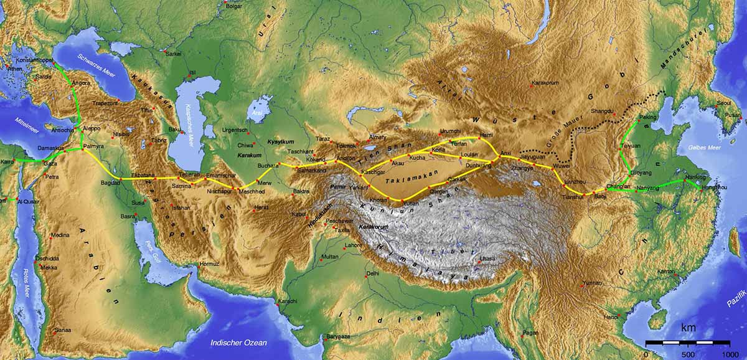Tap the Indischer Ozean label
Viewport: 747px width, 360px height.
[239, 343]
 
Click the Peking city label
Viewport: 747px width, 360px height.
[648, 116]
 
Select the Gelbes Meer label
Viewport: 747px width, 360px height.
[704, 148]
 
